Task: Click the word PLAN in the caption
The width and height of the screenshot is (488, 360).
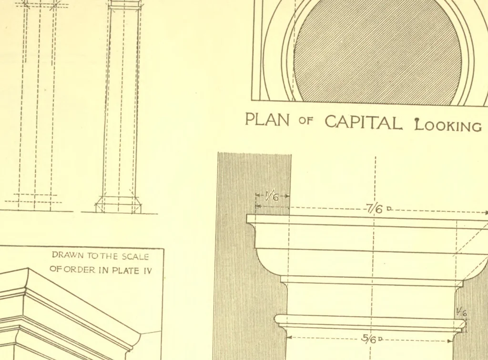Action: click(x=267, y=120)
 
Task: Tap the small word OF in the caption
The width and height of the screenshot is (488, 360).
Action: click(x=305, y=120)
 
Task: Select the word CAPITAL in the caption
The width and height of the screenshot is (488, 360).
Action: click(x=363, y=122)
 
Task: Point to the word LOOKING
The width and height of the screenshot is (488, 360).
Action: click(x=448, y=125)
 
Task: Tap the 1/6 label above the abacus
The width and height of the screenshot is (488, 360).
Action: click(x=272, y=196)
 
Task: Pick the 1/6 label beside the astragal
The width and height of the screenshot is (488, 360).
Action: click(x=461, y=312)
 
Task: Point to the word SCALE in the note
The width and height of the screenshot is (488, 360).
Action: click(x=135, y=257)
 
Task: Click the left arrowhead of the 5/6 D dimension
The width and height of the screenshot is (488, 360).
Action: click(x=289, y=337)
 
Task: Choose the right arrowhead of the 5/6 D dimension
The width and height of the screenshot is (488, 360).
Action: click(x=450, y=341)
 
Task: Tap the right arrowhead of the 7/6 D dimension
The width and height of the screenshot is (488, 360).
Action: click(x=486, y=213)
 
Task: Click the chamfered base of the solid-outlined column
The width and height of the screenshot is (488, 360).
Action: click(x=119, y=205)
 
